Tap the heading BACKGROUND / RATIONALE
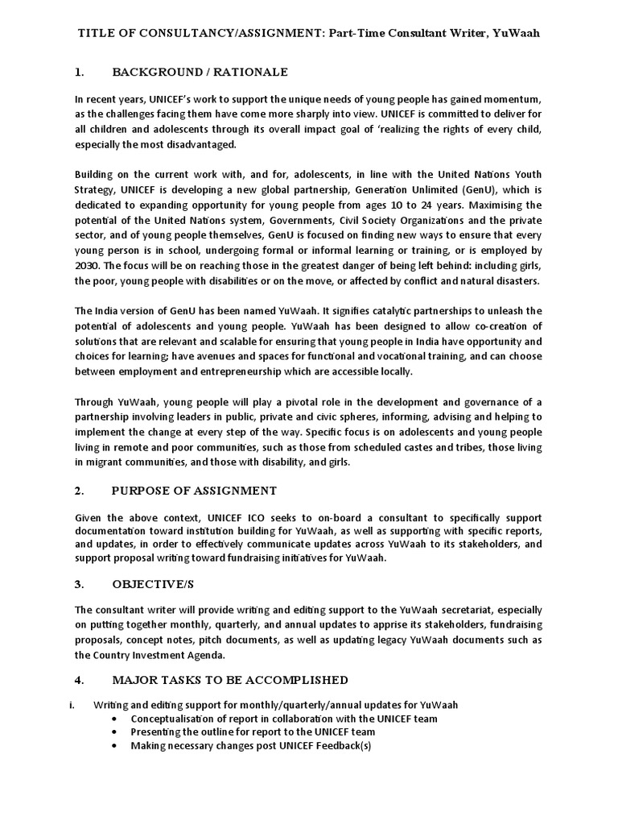tap(200, 73)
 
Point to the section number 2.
tap(79, 490)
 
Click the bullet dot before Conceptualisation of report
tap(118, 719)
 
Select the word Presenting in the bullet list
tap(157, 732)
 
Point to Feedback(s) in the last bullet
tap(337, 745)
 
